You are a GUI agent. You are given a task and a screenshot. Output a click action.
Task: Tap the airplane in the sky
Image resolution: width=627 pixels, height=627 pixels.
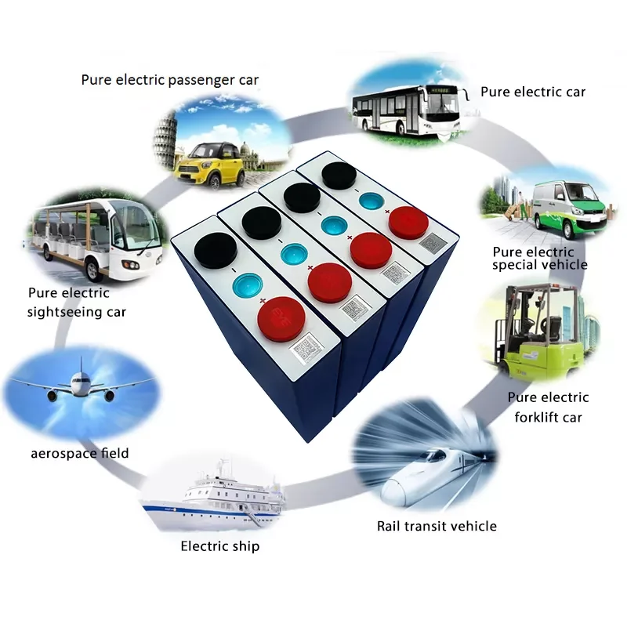click(x=78, y=386)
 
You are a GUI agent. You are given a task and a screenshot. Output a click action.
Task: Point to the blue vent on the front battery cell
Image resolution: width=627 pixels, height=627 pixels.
click(x=250, y=283)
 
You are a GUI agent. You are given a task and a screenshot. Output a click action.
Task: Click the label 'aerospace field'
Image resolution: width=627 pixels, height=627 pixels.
click(x=80, y=453)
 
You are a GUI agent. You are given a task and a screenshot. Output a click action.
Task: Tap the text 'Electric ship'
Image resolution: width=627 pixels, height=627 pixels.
click(x=220, y=545)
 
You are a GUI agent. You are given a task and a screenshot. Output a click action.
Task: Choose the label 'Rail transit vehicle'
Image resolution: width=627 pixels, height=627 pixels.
click(x=437, y=526)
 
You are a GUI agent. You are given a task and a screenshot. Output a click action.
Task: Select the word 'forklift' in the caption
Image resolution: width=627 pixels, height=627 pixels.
click(x=538, y=417)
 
